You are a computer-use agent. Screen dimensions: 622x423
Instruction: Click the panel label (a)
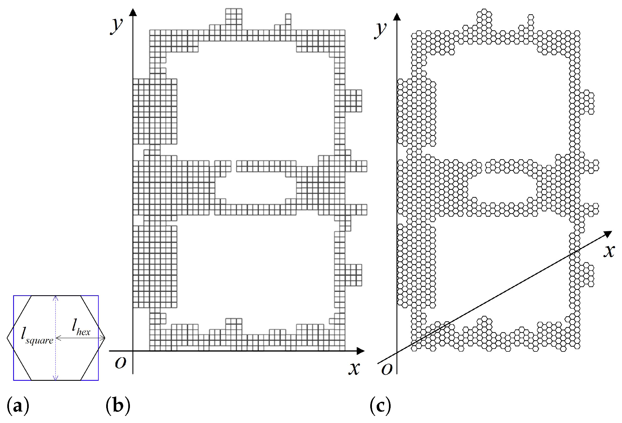[x=18, y=406]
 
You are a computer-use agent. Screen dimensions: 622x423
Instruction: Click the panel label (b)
[x=118, y=406]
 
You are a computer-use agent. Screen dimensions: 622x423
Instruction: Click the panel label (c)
[x=380, y=406]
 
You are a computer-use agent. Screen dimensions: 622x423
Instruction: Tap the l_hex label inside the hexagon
[x=81, y=328]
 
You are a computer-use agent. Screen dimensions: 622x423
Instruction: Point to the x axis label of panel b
[x=354, y=368]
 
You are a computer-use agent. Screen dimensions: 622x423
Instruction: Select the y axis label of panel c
[x=381, y=30]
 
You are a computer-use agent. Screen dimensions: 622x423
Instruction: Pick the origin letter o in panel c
[x=387, y=369]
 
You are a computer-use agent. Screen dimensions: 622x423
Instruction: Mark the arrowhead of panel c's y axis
[x=397, y=16]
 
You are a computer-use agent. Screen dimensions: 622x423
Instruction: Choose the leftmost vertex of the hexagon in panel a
[x=7, y=338]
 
